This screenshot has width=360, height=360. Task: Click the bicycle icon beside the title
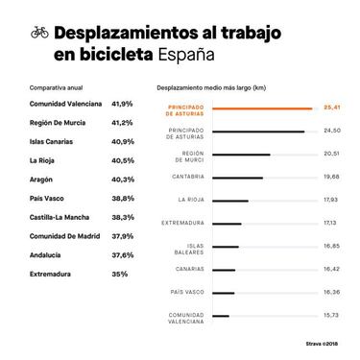(39, 32)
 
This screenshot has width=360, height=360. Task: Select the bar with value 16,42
(224, 269)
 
